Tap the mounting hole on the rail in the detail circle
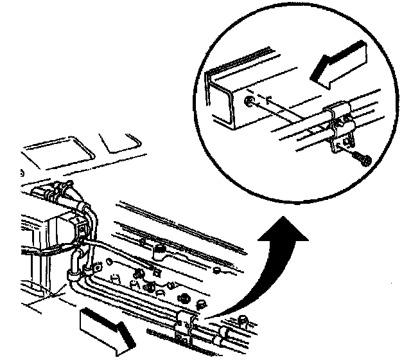pos(249,102)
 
